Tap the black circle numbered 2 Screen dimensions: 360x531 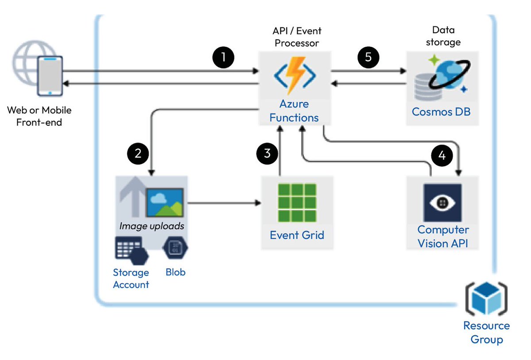(138, 154)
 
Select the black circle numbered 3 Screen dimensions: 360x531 (267, 154)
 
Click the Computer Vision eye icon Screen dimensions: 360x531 (442, 202)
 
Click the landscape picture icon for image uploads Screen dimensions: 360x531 (165, 202)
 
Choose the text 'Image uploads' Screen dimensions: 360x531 (151, 226)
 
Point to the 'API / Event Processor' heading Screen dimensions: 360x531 (296, 37)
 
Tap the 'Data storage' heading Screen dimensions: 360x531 (443, 36)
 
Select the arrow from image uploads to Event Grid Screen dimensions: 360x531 (223, 204)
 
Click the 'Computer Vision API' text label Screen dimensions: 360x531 (443, 236)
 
